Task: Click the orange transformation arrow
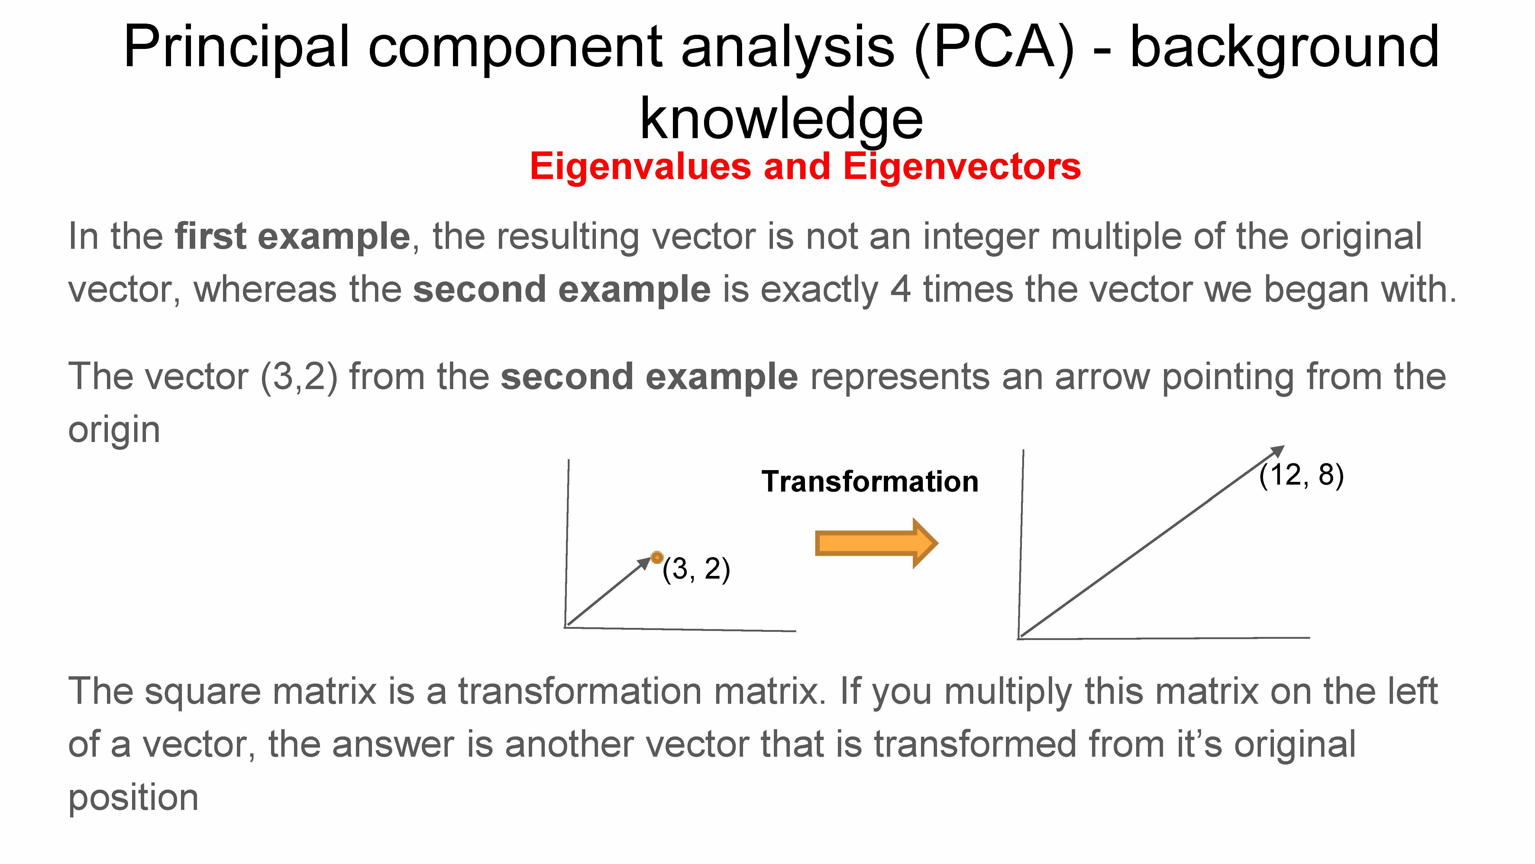point(876,543)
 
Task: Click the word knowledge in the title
point(781,119)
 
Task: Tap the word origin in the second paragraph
point(114,430)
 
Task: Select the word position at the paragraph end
point(133,799)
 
